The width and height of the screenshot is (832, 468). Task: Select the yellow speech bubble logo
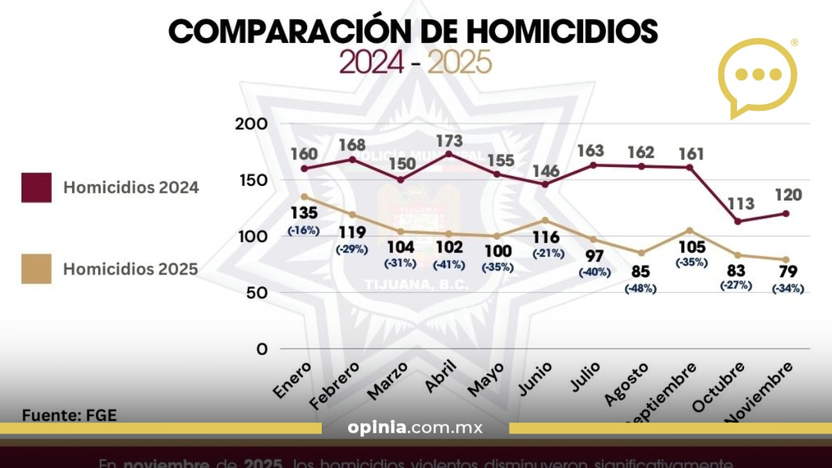click(x=757, y=76)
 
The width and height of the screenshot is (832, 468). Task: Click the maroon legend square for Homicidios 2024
click(x=36, y=187)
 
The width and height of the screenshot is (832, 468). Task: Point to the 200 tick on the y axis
click(x=252, y=124)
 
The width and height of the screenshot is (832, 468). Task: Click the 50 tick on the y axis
click(x=257, y=293)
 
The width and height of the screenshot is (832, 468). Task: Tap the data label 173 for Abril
click(x=449, y=141)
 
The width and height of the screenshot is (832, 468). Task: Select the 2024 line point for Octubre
click(x=738, y=221)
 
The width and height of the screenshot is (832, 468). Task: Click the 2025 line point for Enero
click(x=304, y=197)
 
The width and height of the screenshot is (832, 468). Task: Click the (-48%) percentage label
click(x=640, y=288)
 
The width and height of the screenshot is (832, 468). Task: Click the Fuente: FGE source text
click(x=69, y=415)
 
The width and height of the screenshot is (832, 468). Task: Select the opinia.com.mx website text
click(x=415, y=428)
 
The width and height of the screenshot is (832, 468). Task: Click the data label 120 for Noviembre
click(x=787, y=195)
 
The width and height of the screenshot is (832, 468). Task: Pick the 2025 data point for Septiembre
click(x=689, y=230)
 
